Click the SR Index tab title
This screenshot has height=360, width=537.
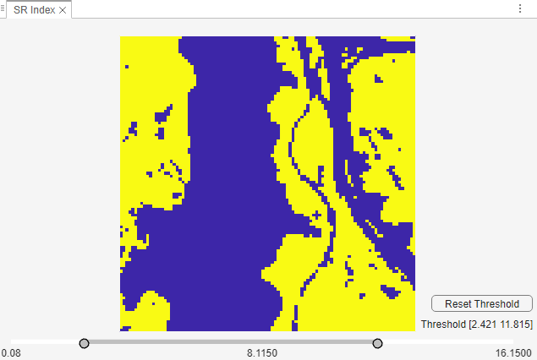35,9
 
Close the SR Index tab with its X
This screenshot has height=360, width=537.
63,9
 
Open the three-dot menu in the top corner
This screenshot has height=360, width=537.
519,8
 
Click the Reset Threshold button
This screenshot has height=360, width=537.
481,303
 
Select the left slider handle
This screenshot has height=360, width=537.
84,343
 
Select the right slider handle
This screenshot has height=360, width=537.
378,343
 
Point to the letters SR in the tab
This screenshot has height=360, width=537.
20,9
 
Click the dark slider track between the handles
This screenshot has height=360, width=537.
231,342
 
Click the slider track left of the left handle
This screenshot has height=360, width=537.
47,342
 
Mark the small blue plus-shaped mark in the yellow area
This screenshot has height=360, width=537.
317,215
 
